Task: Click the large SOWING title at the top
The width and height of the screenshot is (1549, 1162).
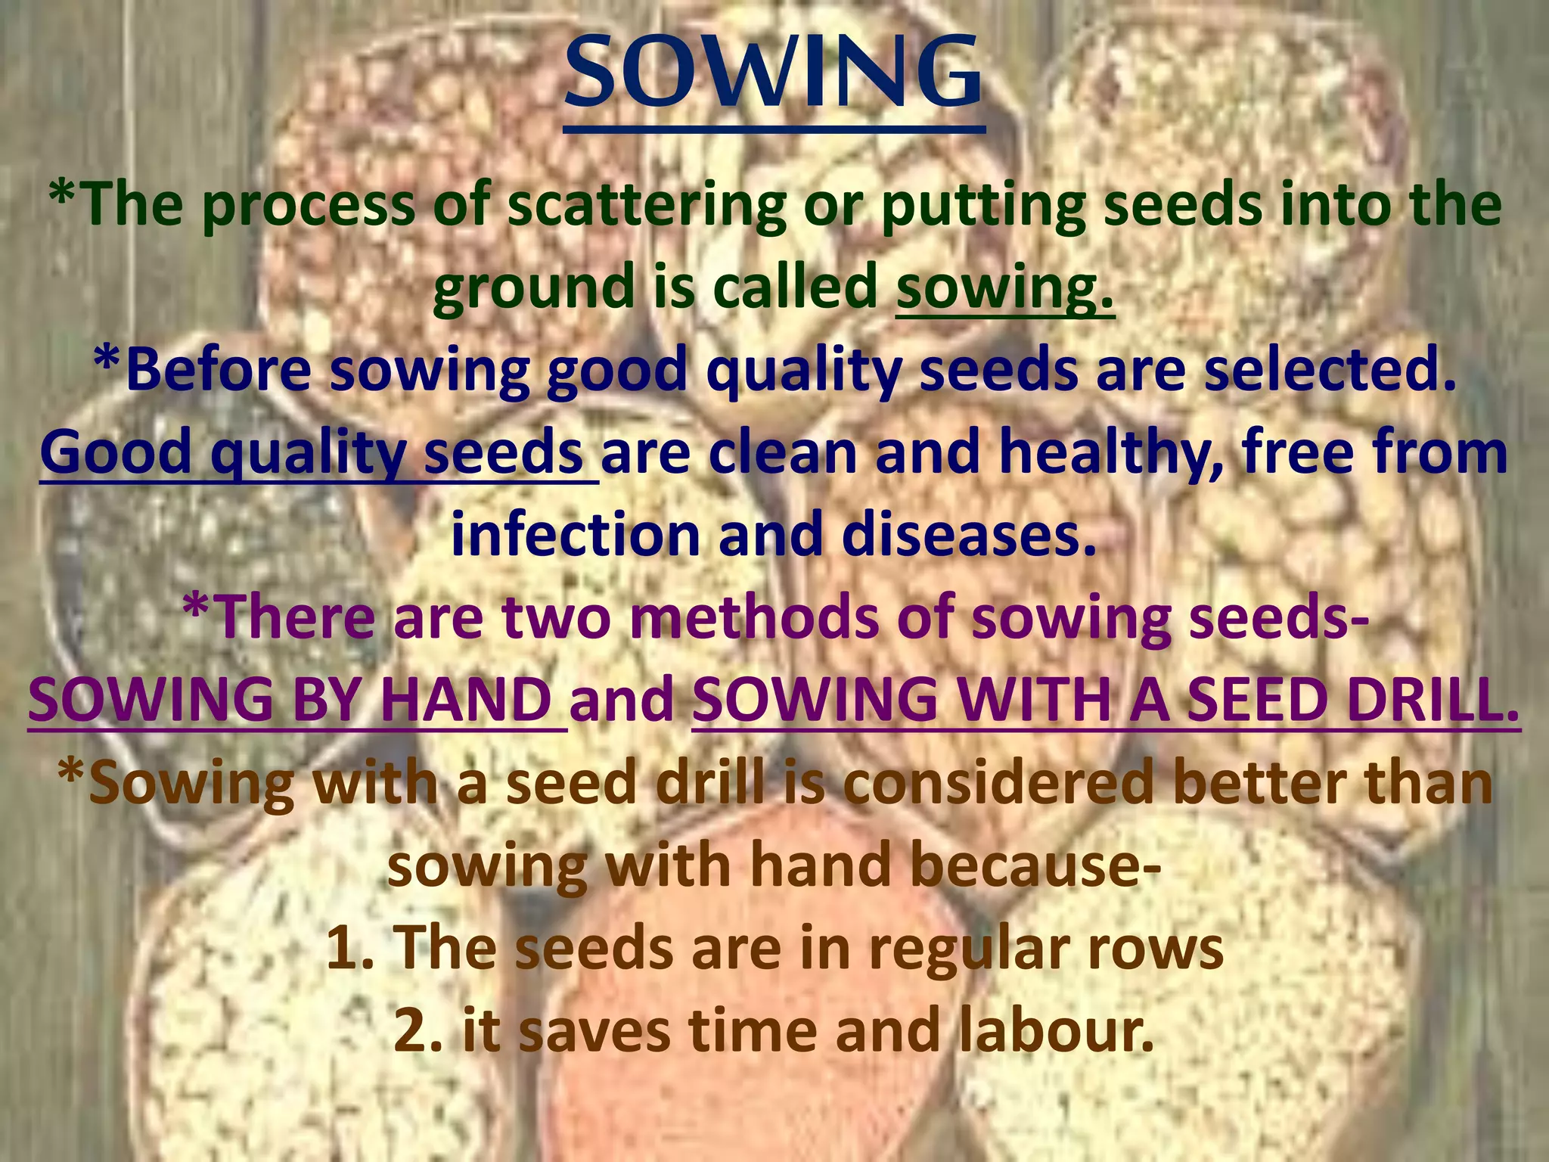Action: tap(773, 76)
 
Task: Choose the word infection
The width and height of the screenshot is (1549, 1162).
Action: tap(575, 536)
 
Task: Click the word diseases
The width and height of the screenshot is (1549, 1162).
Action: tap(969, 536)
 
